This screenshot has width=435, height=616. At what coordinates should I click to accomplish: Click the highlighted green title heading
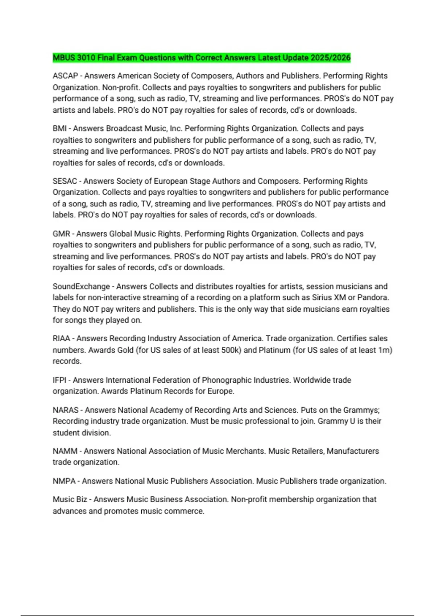click(x=202, y=58)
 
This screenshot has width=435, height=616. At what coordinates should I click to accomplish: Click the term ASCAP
click(x=65, y=76)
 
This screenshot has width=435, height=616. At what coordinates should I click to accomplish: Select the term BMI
click(x=59, y=129)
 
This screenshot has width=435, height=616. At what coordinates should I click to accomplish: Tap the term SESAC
click(x=65, y=181)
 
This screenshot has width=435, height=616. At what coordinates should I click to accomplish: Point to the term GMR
click(x=61, y=234)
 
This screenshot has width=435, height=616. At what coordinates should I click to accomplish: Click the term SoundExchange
click(x=81, y=286)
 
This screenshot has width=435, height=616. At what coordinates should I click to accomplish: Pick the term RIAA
click(x=61, y=338)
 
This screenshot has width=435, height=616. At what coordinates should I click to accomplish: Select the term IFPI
click(x=60, y=380)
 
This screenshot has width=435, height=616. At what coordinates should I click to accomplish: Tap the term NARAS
click(x=66, y=410)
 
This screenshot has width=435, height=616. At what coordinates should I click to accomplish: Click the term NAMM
click(x=65, y=451)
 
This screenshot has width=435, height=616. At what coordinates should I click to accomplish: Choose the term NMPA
click(x=64, y=481)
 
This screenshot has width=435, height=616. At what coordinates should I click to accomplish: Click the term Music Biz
click(x=70, y=499)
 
